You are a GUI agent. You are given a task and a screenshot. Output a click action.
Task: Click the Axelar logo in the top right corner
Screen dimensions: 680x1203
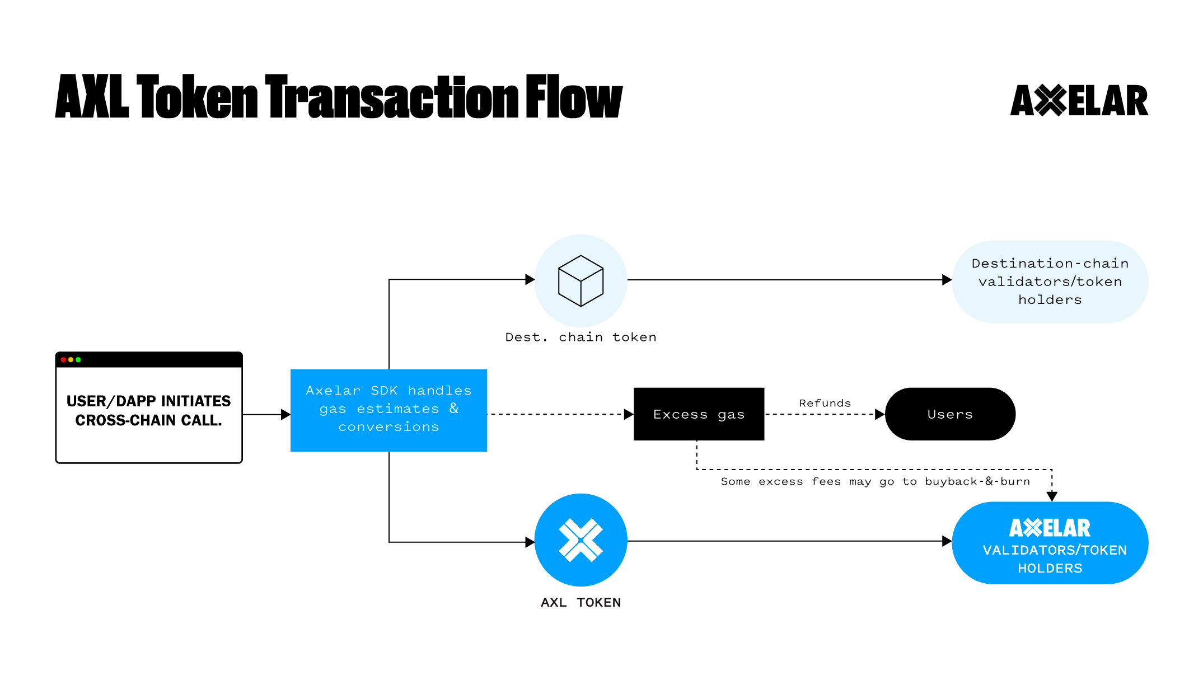pos(1079,101)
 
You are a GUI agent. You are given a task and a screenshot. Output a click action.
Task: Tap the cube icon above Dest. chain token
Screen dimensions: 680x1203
pos(581,280)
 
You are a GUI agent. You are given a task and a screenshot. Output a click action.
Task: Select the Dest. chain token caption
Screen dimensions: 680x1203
pos(581,337)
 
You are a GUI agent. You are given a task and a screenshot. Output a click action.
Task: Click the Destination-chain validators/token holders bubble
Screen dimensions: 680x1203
pos(1050,282)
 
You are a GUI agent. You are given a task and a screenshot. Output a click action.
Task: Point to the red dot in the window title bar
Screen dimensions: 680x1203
pos(63,360)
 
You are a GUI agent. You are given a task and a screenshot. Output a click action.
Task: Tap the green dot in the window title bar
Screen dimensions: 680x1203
pos(78,360)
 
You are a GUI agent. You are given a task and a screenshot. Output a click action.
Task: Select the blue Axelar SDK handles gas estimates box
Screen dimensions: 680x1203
pos(388,410)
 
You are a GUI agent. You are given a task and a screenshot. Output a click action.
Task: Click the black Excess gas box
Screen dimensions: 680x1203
pos(699,414)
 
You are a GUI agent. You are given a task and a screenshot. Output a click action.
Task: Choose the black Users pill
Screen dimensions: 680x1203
pos(950,414)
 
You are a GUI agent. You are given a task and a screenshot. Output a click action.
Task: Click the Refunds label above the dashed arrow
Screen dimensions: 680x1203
pos(825,403)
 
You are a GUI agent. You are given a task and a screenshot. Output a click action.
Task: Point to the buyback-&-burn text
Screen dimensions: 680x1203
pos(977,481)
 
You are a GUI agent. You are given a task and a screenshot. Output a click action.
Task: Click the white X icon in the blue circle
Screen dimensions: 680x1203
pos(581,540)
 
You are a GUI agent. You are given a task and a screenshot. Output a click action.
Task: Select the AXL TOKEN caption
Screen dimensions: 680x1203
pos(581,603)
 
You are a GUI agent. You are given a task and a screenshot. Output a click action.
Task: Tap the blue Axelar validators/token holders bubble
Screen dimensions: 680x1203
pos(1050,543)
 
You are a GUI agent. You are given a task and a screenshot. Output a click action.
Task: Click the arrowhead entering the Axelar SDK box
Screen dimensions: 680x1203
pos(285,415)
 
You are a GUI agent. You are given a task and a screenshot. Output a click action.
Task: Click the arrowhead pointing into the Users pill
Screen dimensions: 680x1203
pos(879,415)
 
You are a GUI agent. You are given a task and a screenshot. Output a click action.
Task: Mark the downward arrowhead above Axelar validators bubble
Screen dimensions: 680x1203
pos(1052,496)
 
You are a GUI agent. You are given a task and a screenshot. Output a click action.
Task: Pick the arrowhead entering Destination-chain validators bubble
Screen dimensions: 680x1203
pos(947,280)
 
